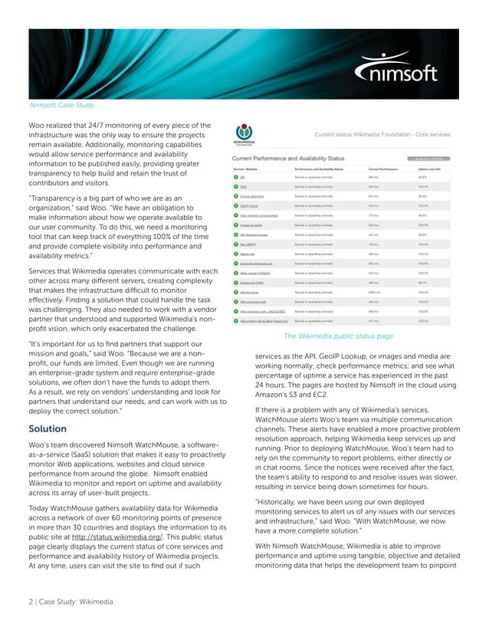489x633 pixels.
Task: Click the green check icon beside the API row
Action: point(237,176)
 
